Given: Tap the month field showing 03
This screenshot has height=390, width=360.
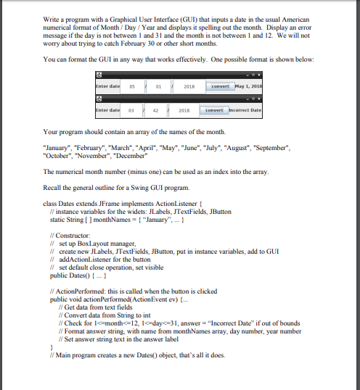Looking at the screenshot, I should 132,112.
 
